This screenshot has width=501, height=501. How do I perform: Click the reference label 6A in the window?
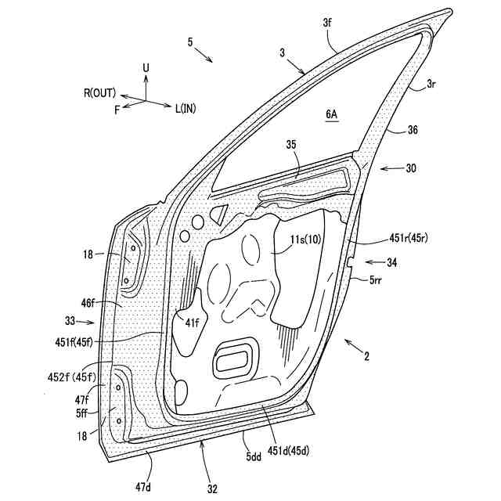[332, 114]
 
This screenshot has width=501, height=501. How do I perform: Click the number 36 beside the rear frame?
[413, 132]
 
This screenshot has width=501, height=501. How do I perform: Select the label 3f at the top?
[327, 24]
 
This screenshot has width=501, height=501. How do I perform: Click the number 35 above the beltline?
[291, 145]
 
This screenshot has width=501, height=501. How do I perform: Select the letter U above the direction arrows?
[146, 69]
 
